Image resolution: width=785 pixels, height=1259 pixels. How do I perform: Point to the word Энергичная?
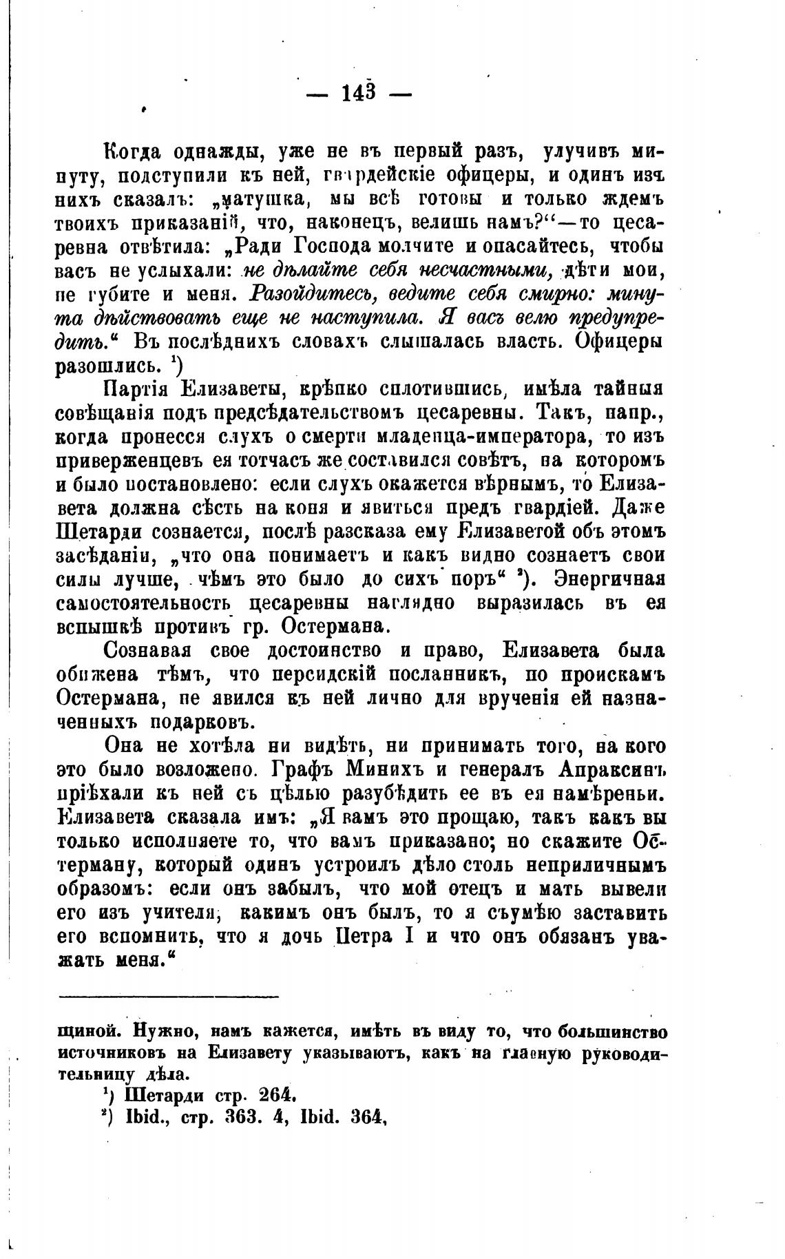coord(604,578)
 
